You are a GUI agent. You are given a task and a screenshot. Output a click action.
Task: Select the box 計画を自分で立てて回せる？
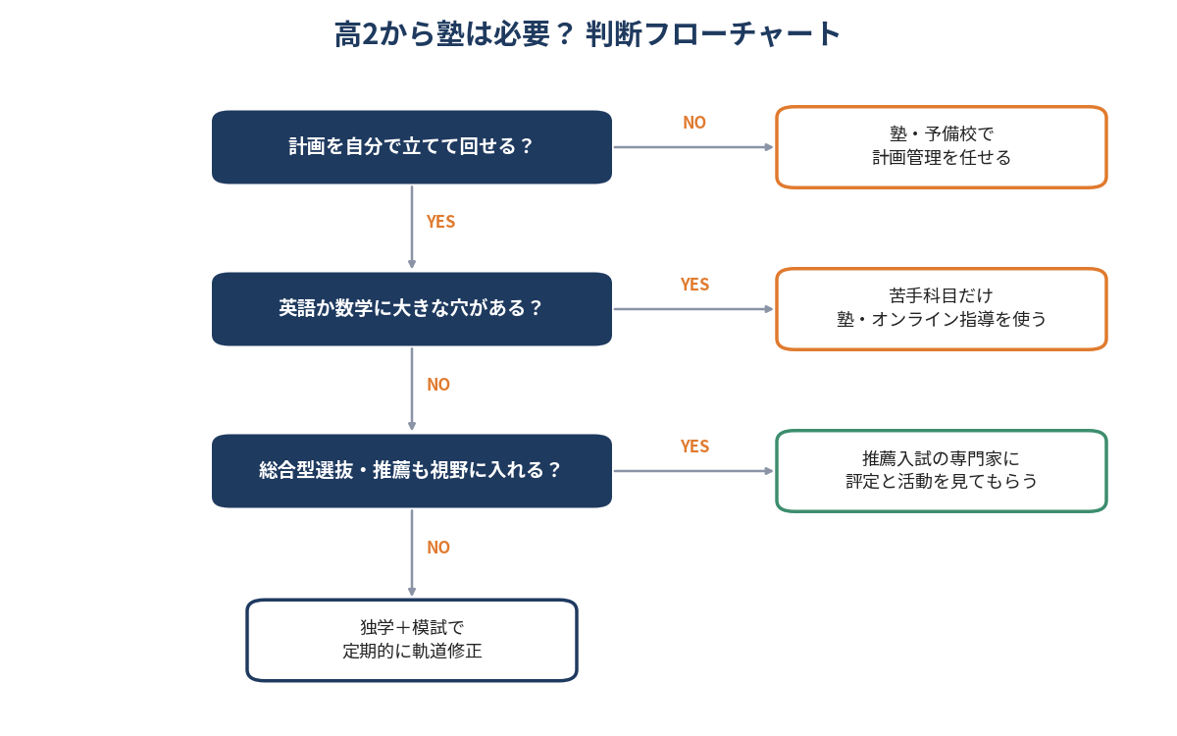pos(411,146)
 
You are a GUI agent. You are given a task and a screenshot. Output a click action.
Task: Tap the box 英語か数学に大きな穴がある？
pos(411,308)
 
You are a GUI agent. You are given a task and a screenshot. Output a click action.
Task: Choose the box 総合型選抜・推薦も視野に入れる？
pos(411,470)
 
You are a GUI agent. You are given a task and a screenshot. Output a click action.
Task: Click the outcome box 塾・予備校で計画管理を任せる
pos(941,146)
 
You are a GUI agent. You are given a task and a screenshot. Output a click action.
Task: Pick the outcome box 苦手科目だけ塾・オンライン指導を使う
pos(941,308)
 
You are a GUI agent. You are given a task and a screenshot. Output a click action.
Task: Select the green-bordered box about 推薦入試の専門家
pos(941,470)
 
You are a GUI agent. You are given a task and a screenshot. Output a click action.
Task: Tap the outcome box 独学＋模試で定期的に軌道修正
pos(411,640)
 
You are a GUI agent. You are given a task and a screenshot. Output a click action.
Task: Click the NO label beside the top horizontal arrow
pos(694,123)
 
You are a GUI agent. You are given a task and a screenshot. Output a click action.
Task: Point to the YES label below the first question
pos(440,222)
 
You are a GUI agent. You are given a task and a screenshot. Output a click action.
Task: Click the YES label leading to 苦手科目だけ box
pos(694,285)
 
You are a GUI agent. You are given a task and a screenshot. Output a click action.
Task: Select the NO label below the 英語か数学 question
pos(438,385)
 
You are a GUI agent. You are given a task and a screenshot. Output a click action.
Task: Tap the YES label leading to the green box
pos(694,447)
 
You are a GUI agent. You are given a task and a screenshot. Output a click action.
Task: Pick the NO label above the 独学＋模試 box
pos(438,548)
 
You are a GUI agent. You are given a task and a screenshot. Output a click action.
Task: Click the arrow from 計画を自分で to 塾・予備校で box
pos(693,147)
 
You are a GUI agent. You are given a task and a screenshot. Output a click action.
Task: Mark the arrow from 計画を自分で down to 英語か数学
pos(411,227)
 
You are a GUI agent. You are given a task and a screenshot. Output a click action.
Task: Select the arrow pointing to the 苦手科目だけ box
pos(693,309)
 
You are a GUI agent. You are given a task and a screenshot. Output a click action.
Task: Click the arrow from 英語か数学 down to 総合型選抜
pos(411,389)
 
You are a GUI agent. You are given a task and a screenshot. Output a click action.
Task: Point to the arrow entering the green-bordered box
pos(693,471)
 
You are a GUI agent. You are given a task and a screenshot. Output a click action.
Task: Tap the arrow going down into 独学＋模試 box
pos(411,552)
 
